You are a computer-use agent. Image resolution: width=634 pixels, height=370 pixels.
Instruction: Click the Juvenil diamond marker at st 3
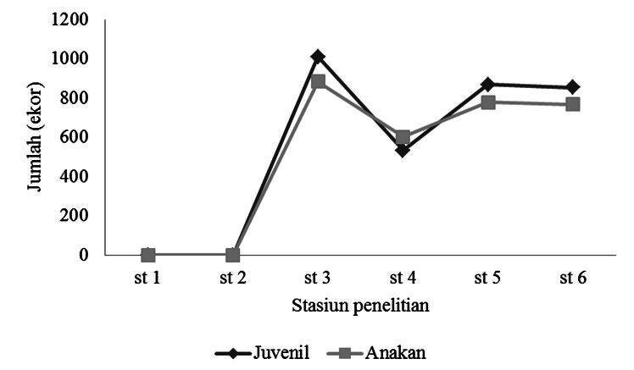318,57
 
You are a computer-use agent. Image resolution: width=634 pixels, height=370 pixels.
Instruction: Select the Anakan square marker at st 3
318,81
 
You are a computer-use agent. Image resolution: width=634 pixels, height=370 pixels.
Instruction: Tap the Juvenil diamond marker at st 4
403,150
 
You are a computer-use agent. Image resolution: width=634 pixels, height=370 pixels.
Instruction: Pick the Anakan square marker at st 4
403,137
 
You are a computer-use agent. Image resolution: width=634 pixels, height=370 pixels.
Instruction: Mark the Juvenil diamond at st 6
573,87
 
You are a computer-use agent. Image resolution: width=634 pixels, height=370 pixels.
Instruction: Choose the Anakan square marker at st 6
573,104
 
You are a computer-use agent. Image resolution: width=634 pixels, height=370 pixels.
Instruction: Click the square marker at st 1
148,255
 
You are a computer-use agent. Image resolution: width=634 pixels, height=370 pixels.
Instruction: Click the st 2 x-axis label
233,278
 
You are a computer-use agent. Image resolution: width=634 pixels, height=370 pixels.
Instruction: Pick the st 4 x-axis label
403,278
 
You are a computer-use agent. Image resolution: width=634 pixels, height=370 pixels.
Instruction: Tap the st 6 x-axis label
573,278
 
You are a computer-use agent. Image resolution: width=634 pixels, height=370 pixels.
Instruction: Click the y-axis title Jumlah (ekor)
35,136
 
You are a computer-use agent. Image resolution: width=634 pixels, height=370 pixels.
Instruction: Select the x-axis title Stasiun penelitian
361,306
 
